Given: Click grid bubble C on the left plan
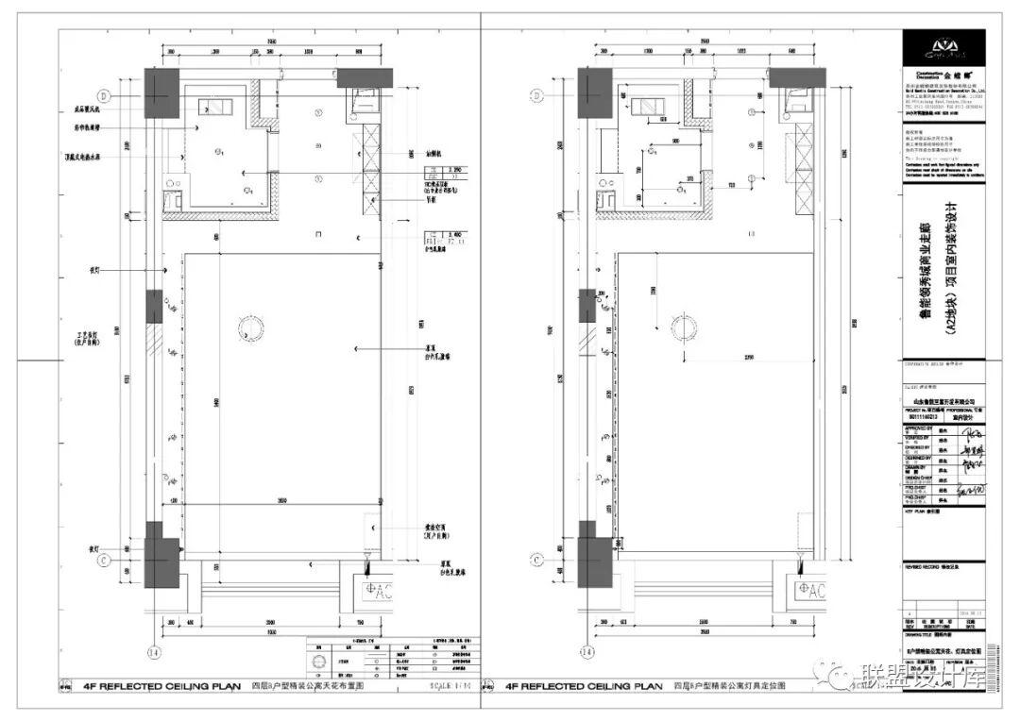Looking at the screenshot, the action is click(107, 559).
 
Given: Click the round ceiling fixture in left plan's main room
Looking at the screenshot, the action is click(246, 327).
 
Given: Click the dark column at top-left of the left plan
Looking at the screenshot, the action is click(161, 92).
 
